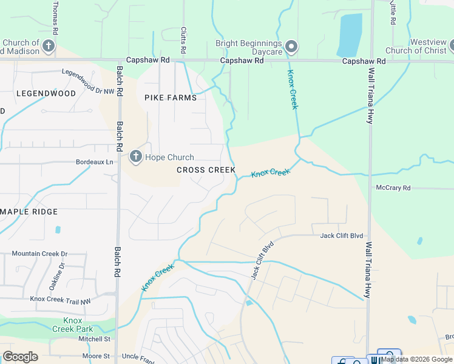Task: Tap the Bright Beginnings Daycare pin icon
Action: tap(292, 46)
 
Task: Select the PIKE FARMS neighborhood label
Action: tap(171, 97)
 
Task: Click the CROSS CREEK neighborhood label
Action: tap(206, 170)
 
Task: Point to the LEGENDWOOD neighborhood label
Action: tap(46, 93)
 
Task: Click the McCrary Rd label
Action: tap(393, 187)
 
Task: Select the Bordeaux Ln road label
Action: tap(94, 163)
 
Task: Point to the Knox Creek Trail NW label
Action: tap(60, 299)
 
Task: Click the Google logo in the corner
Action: tap(20, 357)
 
